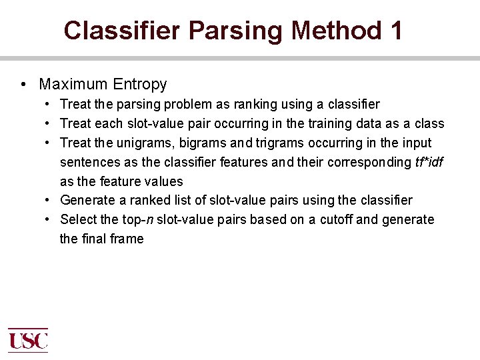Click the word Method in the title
click(x=327, y=30)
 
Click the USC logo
click(x=27, y=341)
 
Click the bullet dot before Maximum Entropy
click(x=23, y=84)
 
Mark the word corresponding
click(x=369, y=162)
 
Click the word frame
click(x=127, y=239)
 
